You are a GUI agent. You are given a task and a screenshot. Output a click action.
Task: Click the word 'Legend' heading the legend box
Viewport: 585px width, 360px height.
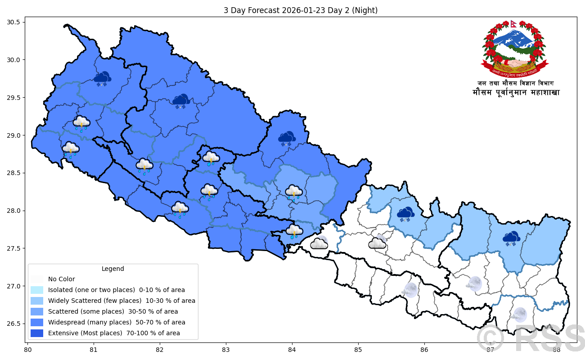(x=112, y=269)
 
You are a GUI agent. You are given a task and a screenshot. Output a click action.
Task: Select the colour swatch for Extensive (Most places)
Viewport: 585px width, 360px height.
(x=37, y=333)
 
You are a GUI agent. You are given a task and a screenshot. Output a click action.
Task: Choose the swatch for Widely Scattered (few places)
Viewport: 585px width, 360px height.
(x=37, y=301)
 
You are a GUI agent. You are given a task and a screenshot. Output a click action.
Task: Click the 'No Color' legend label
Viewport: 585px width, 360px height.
(x=61, y=279)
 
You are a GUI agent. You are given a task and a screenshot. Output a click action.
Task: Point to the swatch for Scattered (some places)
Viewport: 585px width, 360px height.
(x=37, y=311)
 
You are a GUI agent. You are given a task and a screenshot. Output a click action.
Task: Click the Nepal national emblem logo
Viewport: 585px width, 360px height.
(x=515, y=49)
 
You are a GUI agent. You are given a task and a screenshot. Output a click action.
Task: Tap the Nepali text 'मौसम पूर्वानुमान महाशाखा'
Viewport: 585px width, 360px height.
(x=516, y=93)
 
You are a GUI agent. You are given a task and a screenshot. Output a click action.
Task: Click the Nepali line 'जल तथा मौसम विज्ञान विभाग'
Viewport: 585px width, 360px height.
(x=516, y=83)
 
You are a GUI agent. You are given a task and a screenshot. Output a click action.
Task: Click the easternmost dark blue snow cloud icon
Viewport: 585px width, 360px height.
(x=511, y=238)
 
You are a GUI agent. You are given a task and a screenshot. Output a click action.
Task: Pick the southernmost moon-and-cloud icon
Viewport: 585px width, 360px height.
(x=519, y=315)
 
